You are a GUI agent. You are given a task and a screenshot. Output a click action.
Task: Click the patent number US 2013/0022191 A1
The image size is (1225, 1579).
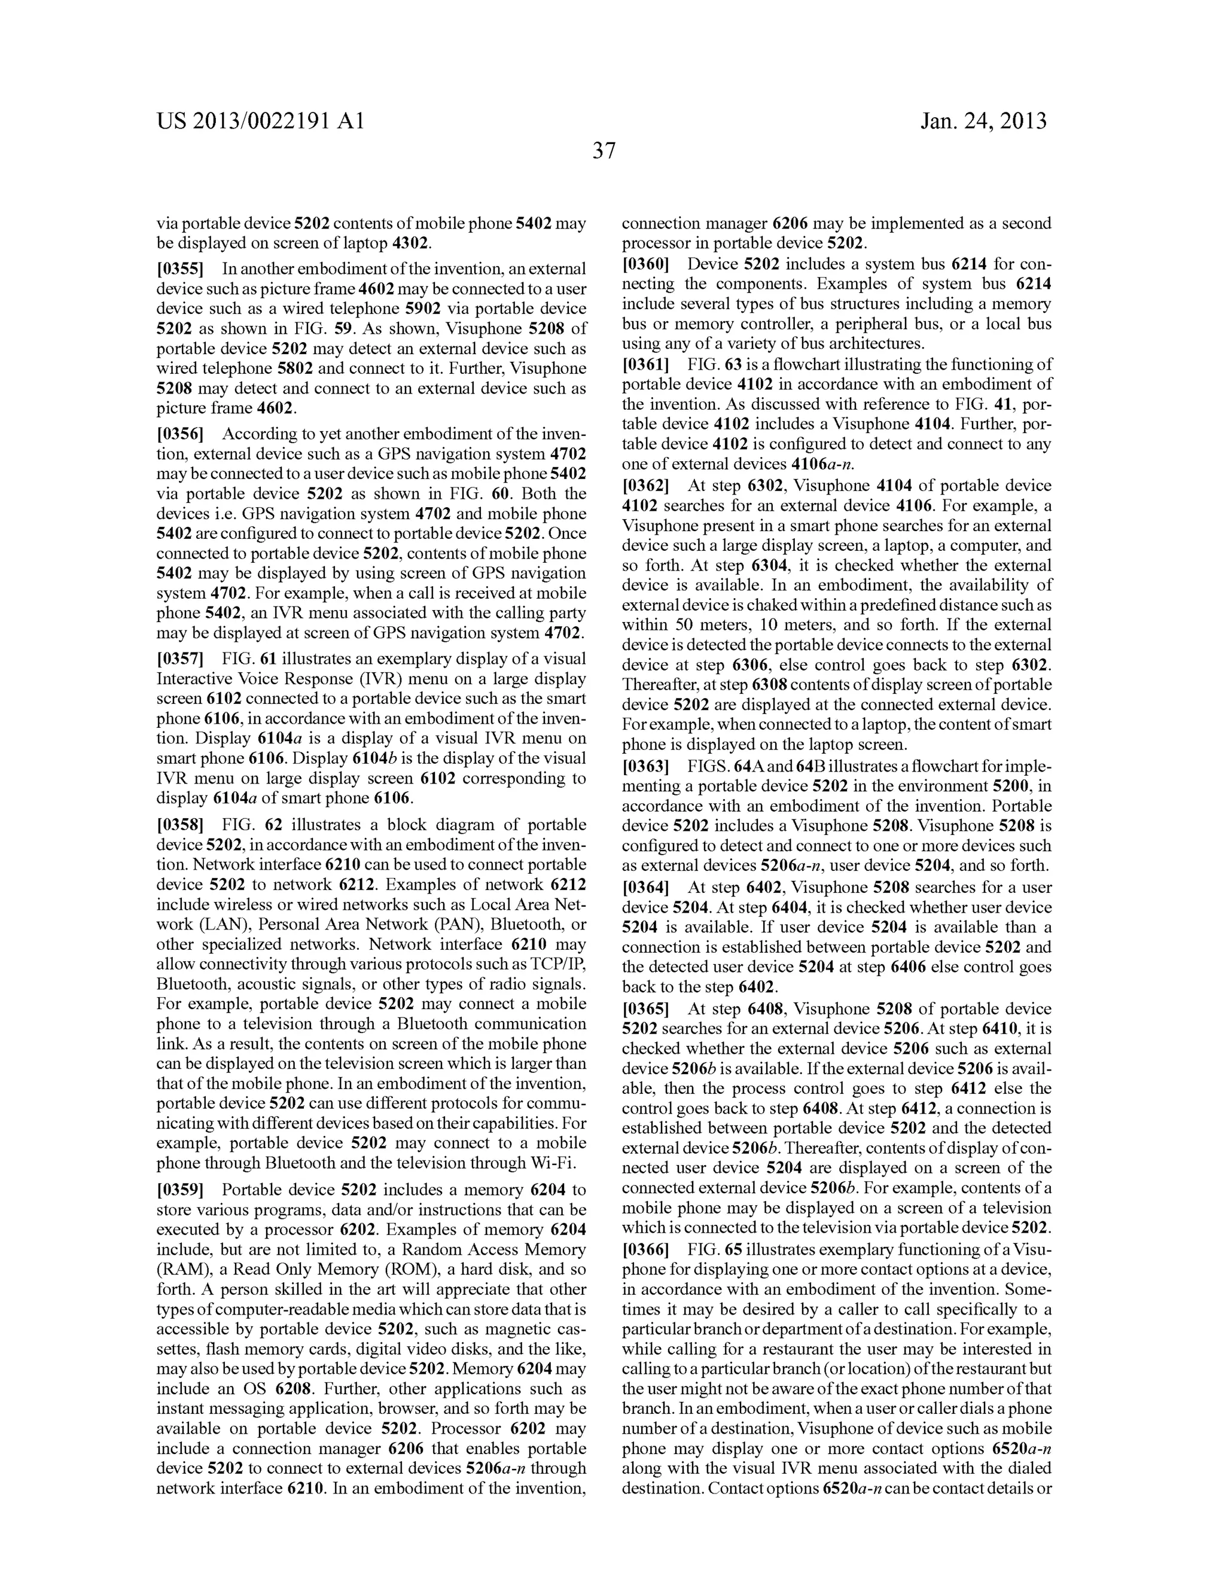(260, 121)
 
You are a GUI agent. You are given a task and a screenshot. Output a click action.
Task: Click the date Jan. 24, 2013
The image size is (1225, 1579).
(983, 121)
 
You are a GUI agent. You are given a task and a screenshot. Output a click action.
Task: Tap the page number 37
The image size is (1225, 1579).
(604, 151)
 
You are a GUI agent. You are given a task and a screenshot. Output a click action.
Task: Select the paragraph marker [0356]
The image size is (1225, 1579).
(180, 434)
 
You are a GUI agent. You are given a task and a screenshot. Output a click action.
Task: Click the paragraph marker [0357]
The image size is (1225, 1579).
(180, 659)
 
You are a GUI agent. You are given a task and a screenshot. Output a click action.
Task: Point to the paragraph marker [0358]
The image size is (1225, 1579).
(180, 825)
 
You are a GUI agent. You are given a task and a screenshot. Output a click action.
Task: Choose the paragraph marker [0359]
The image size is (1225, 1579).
(180, 1190)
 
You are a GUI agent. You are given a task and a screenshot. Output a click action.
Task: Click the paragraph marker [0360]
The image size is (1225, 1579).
(646, 264)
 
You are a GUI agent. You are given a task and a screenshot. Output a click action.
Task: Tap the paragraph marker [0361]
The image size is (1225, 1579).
(646, 364)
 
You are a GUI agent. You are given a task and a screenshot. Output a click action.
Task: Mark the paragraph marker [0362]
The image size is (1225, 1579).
(646, 486)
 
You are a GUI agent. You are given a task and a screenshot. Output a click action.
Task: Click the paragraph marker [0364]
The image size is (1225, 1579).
(646, 887)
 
